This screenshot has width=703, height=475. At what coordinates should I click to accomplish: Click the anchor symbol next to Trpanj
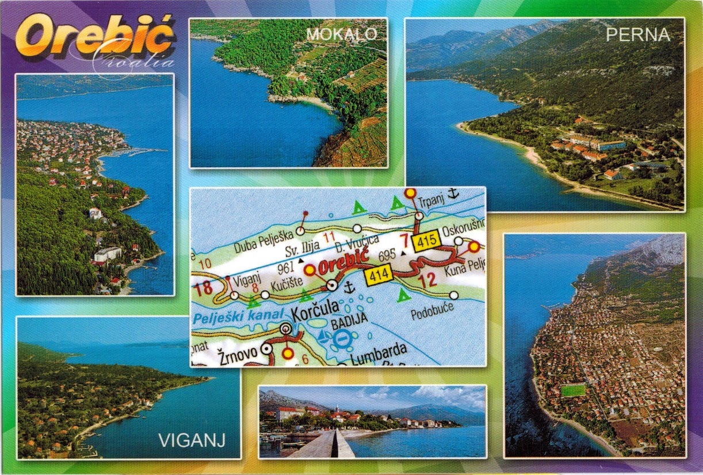pos(452,194)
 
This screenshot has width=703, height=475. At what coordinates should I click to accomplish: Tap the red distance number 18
pos(204,288)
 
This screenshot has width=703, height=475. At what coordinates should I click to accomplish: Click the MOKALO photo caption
pos(342,34)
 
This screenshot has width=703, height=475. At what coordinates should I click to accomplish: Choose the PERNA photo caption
pos(639,35)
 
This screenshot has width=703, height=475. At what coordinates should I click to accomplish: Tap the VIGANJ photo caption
pos(191,441)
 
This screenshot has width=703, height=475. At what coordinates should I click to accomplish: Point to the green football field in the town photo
pos(573,391)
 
